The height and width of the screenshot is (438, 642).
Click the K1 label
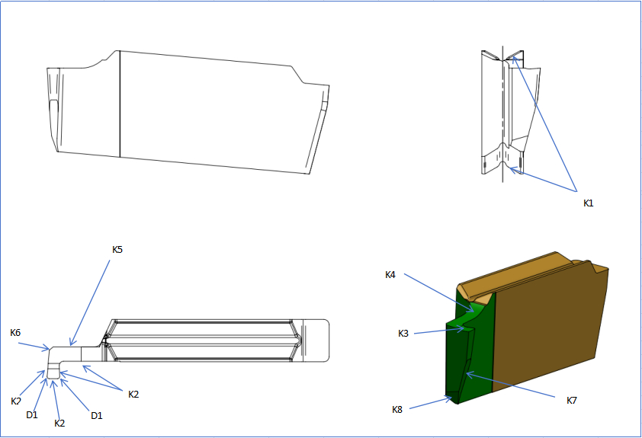pyautogui.click(x=589, y=203)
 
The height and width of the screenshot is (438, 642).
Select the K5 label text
pyautogui.click(x=117, y=249)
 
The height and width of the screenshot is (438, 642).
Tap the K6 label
pyautogui.click(x=15, y=332)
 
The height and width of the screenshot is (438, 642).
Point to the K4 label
pyautogui.click(x=390, y=275)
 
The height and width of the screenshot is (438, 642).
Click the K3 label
pyautogui.click(x=403, y=334)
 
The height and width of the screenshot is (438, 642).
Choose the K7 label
pyautogui.click(x=572, y=401)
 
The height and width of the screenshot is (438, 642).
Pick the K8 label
pyautogui.click(x=397, y=409)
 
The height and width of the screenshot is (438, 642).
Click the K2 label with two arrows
pyautogui.click(x=133, y=395)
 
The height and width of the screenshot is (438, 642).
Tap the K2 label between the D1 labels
pyautogui.click(x=59, y=424)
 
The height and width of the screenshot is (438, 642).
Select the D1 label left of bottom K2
pyautogui.click(x=32, y=414)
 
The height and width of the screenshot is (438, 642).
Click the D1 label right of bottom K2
pyautogui.click(x=97, y=415)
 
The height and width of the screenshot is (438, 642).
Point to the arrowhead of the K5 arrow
pyautogui.click(x=71, y=345)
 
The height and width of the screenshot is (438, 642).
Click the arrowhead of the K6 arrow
pyautogui.click(x=49, y=349)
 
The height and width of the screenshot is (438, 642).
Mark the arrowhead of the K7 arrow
pyautogui.click(x=467, y=373)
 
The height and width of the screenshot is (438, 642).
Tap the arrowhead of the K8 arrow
pyautogui.click(x=451, y=397)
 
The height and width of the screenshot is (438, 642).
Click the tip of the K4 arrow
pyautogui.click(x=474, y=312)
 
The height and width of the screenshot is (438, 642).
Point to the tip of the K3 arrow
pyautogui.click(x=465, y=328)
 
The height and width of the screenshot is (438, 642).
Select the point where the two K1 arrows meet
pyautogui.click(x=576, y=191)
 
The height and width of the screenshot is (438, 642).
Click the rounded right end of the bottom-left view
pyautogui.click(x=326, y=340)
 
